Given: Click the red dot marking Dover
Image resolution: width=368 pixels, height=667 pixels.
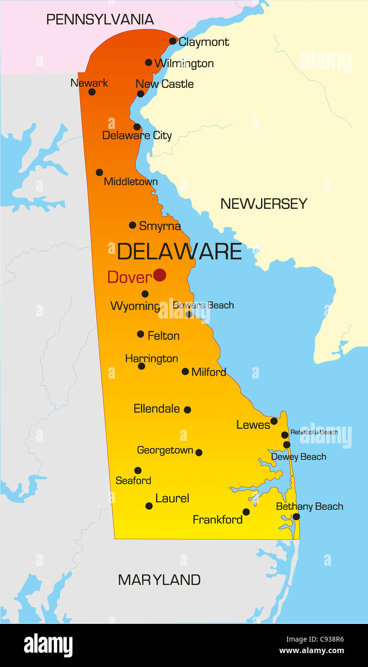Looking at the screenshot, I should point(160,275).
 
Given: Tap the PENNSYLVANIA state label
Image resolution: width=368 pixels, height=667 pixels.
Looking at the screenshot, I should point(100,20).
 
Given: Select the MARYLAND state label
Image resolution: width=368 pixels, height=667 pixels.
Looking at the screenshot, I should point(159,580).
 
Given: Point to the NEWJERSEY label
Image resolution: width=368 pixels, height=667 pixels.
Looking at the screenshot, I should point(263,204).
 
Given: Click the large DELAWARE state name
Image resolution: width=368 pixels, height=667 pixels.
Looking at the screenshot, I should point(179,251).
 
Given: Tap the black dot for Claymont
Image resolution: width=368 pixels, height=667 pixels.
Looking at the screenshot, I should point(173,41).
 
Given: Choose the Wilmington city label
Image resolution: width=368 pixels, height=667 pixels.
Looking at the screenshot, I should point(184,63).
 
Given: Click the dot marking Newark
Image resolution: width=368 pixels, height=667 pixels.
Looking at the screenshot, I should point(92,92).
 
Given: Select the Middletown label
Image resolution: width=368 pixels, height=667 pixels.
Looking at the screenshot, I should point(131,182).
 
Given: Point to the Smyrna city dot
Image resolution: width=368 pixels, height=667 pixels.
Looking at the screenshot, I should point(132,225).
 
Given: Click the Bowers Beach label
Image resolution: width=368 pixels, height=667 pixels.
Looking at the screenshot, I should point(203,305).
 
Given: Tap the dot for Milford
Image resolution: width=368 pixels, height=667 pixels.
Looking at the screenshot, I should point(185,371).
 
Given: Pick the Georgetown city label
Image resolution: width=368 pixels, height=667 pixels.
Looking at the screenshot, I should point(165,450).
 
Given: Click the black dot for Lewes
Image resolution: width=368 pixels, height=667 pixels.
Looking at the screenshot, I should point(274,421).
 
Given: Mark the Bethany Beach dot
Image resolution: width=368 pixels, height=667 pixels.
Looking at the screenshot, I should point(296,516).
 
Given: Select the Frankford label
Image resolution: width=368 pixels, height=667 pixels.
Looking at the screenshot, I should point(217,519).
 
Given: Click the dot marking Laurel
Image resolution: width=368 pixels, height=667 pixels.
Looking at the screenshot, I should point(149,506).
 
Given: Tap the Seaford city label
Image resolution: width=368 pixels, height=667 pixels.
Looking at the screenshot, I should point(133,480).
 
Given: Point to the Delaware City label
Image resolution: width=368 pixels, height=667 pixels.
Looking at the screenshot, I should point(137,135).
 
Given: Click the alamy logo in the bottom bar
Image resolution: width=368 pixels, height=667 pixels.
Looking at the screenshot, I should point(48,645).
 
